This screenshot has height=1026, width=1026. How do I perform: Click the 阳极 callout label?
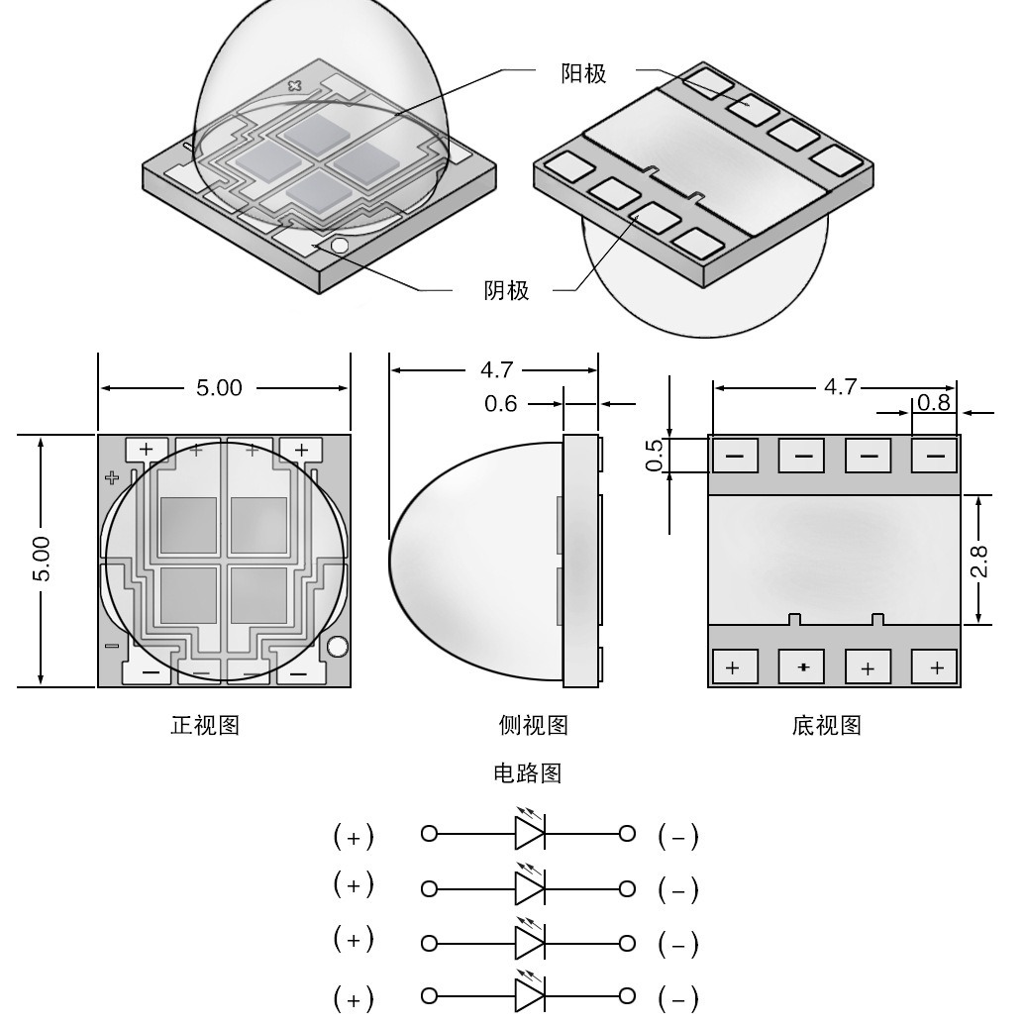pyautogui.click(x=583, y=73)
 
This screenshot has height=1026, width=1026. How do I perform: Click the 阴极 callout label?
pyautogui.click(x=506, y=291)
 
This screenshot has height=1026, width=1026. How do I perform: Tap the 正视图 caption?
pyautogui.click(x=205, y=726)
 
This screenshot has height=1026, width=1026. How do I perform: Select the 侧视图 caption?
pyautogui.click(x=534, y=726)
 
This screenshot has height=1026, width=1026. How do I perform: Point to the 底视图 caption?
pyautogui.click(x=827, y=726)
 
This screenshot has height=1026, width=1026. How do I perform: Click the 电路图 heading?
pyautogui.click(x=527, y=773)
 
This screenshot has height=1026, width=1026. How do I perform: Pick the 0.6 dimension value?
pyautogui.click(x=501, y=404)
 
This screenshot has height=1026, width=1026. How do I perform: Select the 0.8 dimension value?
pyautogui.click(x=934, y=403)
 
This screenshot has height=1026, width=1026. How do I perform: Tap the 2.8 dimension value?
pyautogui.click(x=978, y=560)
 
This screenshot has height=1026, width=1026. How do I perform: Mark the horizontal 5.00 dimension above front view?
pyautogui.click(x=219, y=388)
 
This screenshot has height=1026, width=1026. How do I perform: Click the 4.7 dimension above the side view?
pyautogui.click(x=497, y=370)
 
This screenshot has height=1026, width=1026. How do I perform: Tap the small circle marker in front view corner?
pyautogui.click(x=337, y=647)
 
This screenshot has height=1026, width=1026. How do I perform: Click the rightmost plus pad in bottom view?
pyautogui.click(x=935, y=667)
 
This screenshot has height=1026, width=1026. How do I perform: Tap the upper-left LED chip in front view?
pyautogui.click(x=188, y=525)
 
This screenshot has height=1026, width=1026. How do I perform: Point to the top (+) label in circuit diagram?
pyautogui.click(x=354, y=838)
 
